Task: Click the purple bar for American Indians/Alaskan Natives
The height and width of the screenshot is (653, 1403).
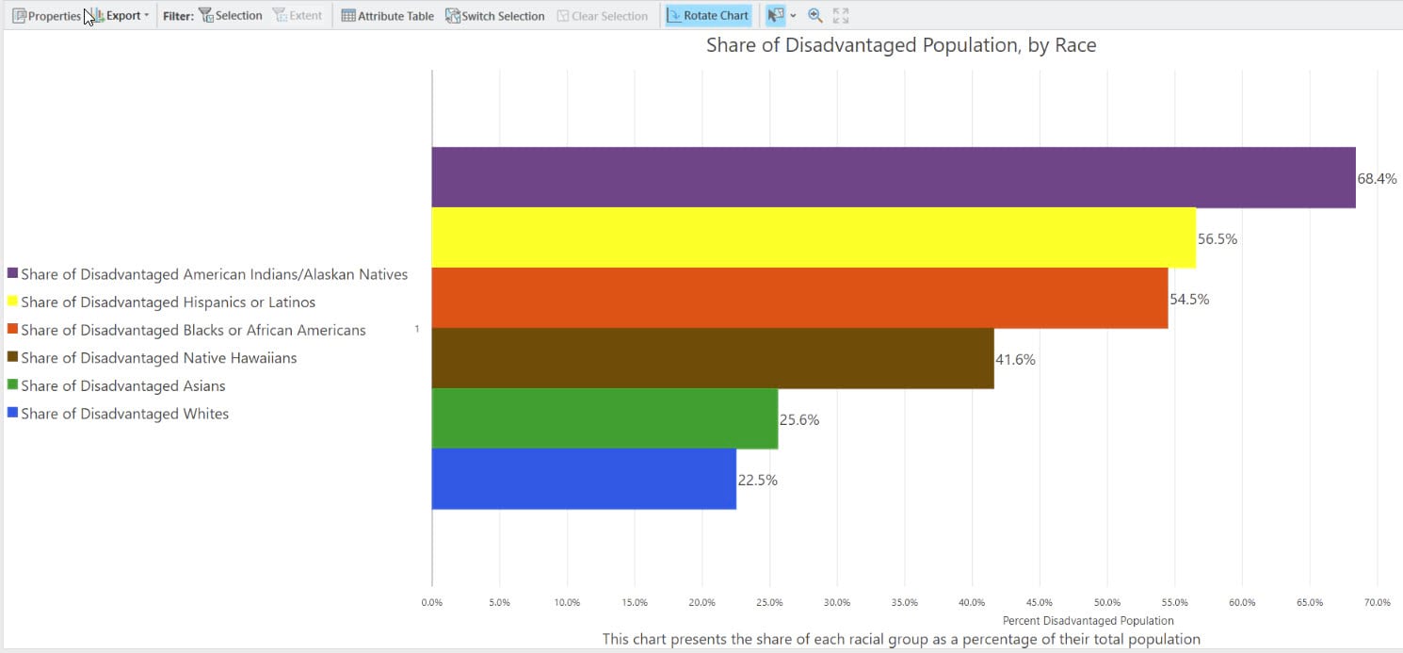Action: pyautogui.click(x=893, y=177)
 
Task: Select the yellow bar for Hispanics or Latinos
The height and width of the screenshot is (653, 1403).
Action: pyautogui.click(x=813, y=237)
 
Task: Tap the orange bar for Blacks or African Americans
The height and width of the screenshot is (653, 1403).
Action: pyautogui.click(x=798, y=298)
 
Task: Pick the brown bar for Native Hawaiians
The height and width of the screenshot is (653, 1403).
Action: pyautogui.click(x=712, y=358)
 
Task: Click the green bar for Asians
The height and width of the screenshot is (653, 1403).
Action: pyautogui.click(x=604, y=418)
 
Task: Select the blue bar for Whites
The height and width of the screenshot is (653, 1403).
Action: pyautogui.click(x=583, y=479)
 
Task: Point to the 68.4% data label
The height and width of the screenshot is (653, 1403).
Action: pyautogui.click(x=1377, y=178)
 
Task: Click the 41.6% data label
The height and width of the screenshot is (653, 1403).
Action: pyautogui.click(x=1015, y=359)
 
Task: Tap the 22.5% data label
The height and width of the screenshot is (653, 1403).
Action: pyautogui.click(x=757, y=480)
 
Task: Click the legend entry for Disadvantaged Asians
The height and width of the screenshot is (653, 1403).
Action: pyautogui.click(x=122, y=385)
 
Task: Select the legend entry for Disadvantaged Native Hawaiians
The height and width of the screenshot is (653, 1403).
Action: pyautogui.click(x=158, y=358)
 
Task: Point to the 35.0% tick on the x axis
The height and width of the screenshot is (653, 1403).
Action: pyautogui.click(x=904, y=602)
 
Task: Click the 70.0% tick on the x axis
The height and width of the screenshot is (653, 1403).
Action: pyautogui.click(x=1377, y=602)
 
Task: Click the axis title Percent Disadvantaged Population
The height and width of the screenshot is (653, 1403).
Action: pyautogui.click(x=1088, y=621)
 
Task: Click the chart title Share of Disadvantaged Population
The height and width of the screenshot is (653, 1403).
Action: pyautogui.click(x=900, y=45)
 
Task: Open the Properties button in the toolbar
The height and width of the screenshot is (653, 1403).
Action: pyautogui.click(x=46, y=16)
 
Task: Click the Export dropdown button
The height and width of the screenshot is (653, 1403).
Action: pyautogui.click(x=122, y=16)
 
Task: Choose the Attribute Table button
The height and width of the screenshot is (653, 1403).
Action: pyautogui.click(x=387, y=16)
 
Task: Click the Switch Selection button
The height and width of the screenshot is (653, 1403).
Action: pyautogui.click(x=494, y=16)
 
